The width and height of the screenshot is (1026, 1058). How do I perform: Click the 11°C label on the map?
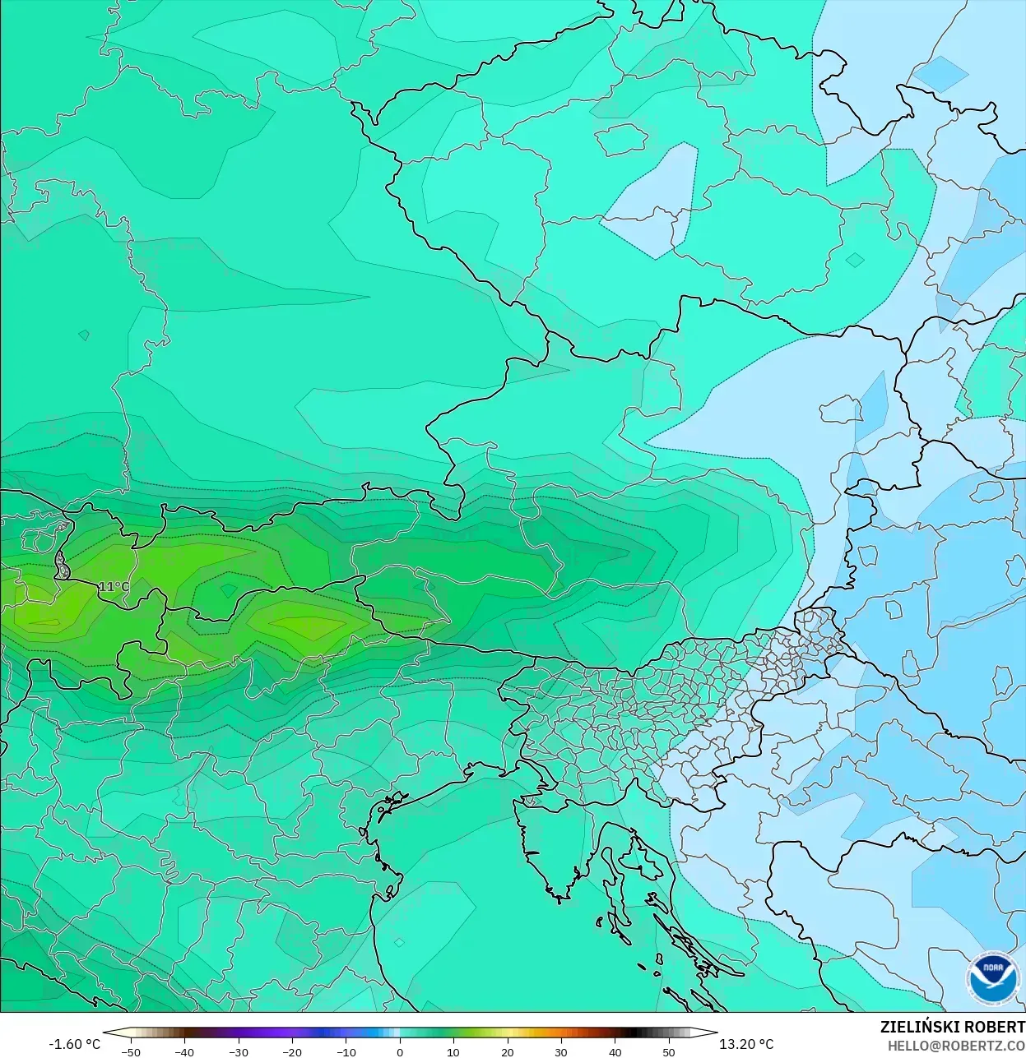tap(114, 586)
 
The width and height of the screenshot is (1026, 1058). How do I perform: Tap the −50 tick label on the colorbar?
tap(130, 1051)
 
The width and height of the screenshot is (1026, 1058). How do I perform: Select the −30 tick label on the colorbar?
tap(238, 1051)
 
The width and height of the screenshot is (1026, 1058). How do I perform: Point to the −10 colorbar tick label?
tap(346, 1051)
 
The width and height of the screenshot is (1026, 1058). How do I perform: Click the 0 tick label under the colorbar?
tap(400, 1051)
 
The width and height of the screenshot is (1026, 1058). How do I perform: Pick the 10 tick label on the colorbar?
tap(453, 1051)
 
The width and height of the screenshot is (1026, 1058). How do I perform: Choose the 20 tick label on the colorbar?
tap(507, 1051)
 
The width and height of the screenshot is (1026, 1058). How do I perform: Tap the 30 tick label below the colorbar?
tap(561, 1051)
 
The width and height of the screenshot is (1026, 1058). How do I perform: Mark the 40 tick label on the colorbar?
tap(615, 1051)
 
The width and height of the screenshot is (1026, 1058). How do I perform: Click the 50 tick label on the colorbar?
tap(668, 1051)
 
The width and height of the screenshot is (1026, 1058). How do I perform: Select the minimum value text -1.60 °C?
tap(75, 1044)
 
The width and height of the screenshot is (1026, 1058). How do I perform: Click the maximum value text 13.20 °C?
tap(746, 1044)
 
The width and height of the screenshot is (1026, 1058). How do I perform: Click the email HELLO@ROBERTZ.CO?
tap(956, 1046)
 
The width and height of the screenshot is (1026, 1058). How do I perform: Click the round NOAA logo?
tap(992, 977)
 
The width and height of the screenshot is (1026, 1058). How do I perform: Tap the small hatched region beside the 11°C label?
tap(62, 566)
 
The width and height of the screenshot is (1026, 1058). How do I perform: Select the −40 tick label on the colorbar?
tap(184, 1051)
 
